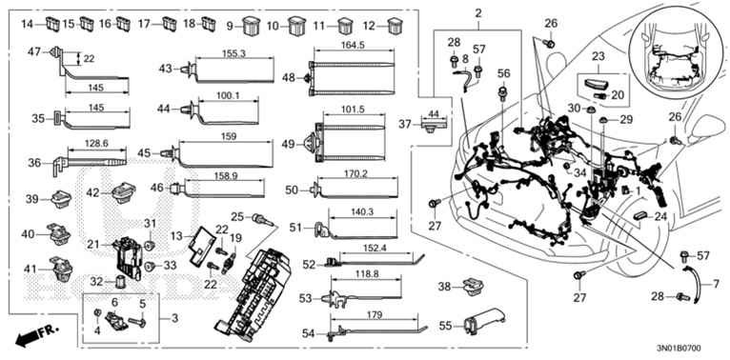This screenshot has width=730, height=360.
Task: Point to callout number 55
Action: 446,326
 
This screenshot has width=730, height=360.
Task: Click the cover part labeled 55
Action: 484,320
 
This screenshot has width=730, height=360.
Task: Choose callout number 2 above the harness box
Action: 478,14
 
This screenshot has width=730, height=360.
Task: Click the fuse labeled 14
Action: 53,24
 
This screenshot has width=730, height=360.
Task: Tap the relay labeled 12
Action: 395,26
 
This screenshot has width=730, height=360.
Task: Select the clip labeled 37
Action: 434,125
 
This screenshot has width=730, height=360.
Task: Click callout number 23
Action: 598,57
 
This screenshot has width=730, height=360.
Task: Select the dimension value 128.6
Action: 97,145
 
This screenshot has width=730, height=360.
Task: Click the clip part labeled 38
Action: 474,286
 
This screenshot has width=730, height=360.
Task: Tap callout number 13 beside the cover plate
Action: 176,236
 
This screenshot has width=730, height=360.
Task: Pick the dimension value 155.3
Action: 234,53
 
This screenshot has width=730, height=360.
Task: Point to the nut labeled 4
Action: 98,312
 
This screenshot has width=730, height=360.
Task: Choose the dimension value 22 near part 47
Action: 89,59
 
